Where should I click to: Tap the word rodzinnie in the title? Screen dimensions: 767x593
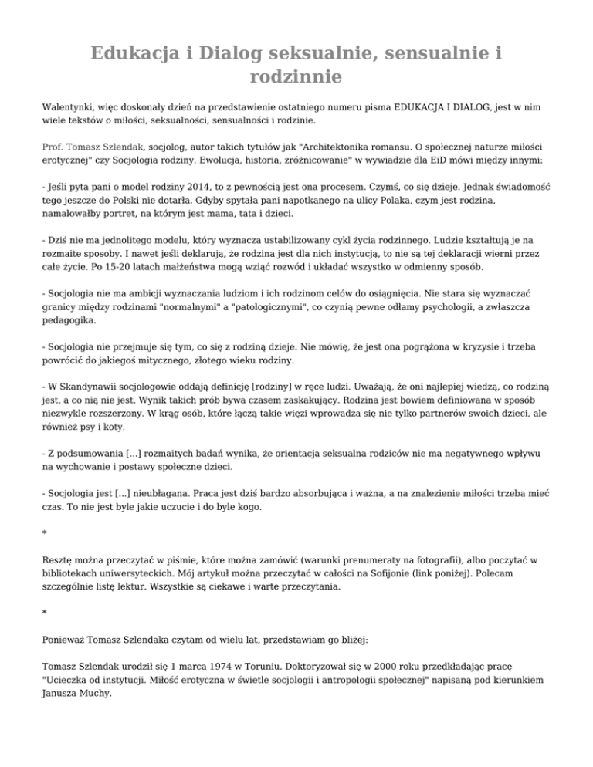pos(296,77)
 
